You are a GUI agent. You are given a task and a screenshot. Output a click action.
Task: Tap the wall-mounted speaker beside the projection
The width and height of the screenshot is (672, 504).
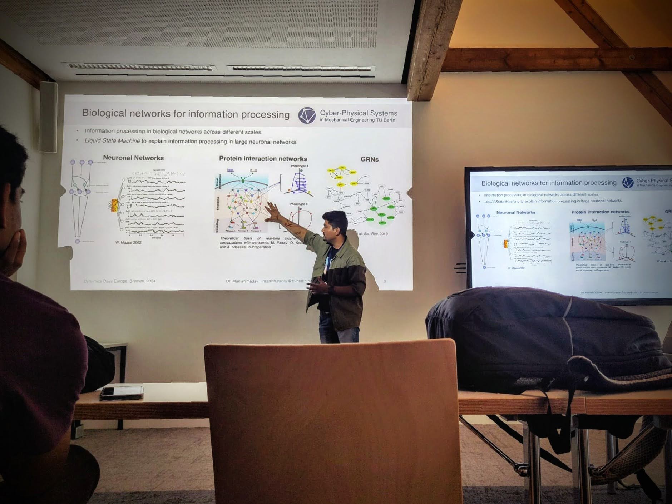click(x=48, y=117)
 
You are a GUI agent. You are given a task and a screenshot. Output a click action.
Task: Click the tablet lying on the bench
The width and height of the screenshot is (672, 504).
click(x=122, y=392)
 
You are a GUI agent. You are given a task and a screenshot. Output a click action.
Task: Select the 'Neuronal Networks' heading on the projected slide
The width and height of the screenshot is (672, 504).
click(x=133, y=158)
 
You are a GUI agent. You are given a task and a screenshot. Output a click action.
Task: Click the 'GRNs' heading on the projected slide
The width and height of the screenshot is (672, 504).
click(x=369, y=159)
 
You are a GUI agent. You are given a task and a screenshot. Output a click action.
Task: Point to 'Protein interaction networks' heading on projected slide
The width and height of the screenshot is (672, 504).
click(x=263, y=158)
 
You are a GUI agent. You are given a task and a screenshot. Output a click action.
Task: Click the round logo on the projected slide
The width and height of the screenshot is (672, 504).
click(x=307, y=115)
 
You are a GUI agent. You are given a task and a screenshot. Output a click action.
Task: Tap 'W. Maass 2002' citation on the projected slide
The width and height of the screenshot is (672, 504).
click(x=128, y=242)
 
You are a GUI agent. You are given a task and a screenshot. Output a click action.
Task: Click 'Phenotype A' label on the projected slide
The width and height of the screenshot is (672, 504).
click(x=300, y=166)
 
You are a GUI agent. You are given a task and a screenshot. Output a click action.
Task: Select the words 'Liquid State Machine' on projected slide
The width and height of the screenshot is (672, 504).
click(x=112, y=140)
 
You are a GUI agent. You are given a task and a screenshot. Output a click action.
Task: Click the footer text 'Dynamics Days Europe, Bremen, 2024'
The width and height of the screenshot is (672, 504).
click(x=119, y=281)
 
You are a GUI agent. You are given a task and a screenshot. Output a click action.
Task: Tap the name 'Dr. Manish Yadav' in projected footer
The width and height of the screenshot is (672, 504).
click(x=242, y=281)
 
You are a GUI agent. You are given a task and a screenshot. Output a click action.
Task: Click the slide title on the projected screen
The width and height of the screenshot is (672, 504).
click(x=186, y=114)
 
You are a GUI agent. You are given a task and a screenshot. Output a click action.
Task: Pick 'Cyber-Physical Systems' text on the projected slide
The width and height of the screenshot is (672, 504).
click(x=359, y=113)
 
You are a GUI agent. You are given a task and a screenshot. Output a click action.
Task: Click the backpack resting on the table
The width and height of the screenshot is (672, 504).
click(x=543, y=340)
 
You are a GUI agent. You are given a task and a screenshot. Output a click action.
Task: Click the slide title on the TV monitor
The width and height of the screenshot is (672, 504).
click(x=549, y=183)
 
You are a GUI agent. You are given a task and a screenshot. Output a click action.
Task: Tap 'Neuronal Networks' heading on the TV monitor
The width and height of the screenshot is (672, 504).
click(x=515, y=212)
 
